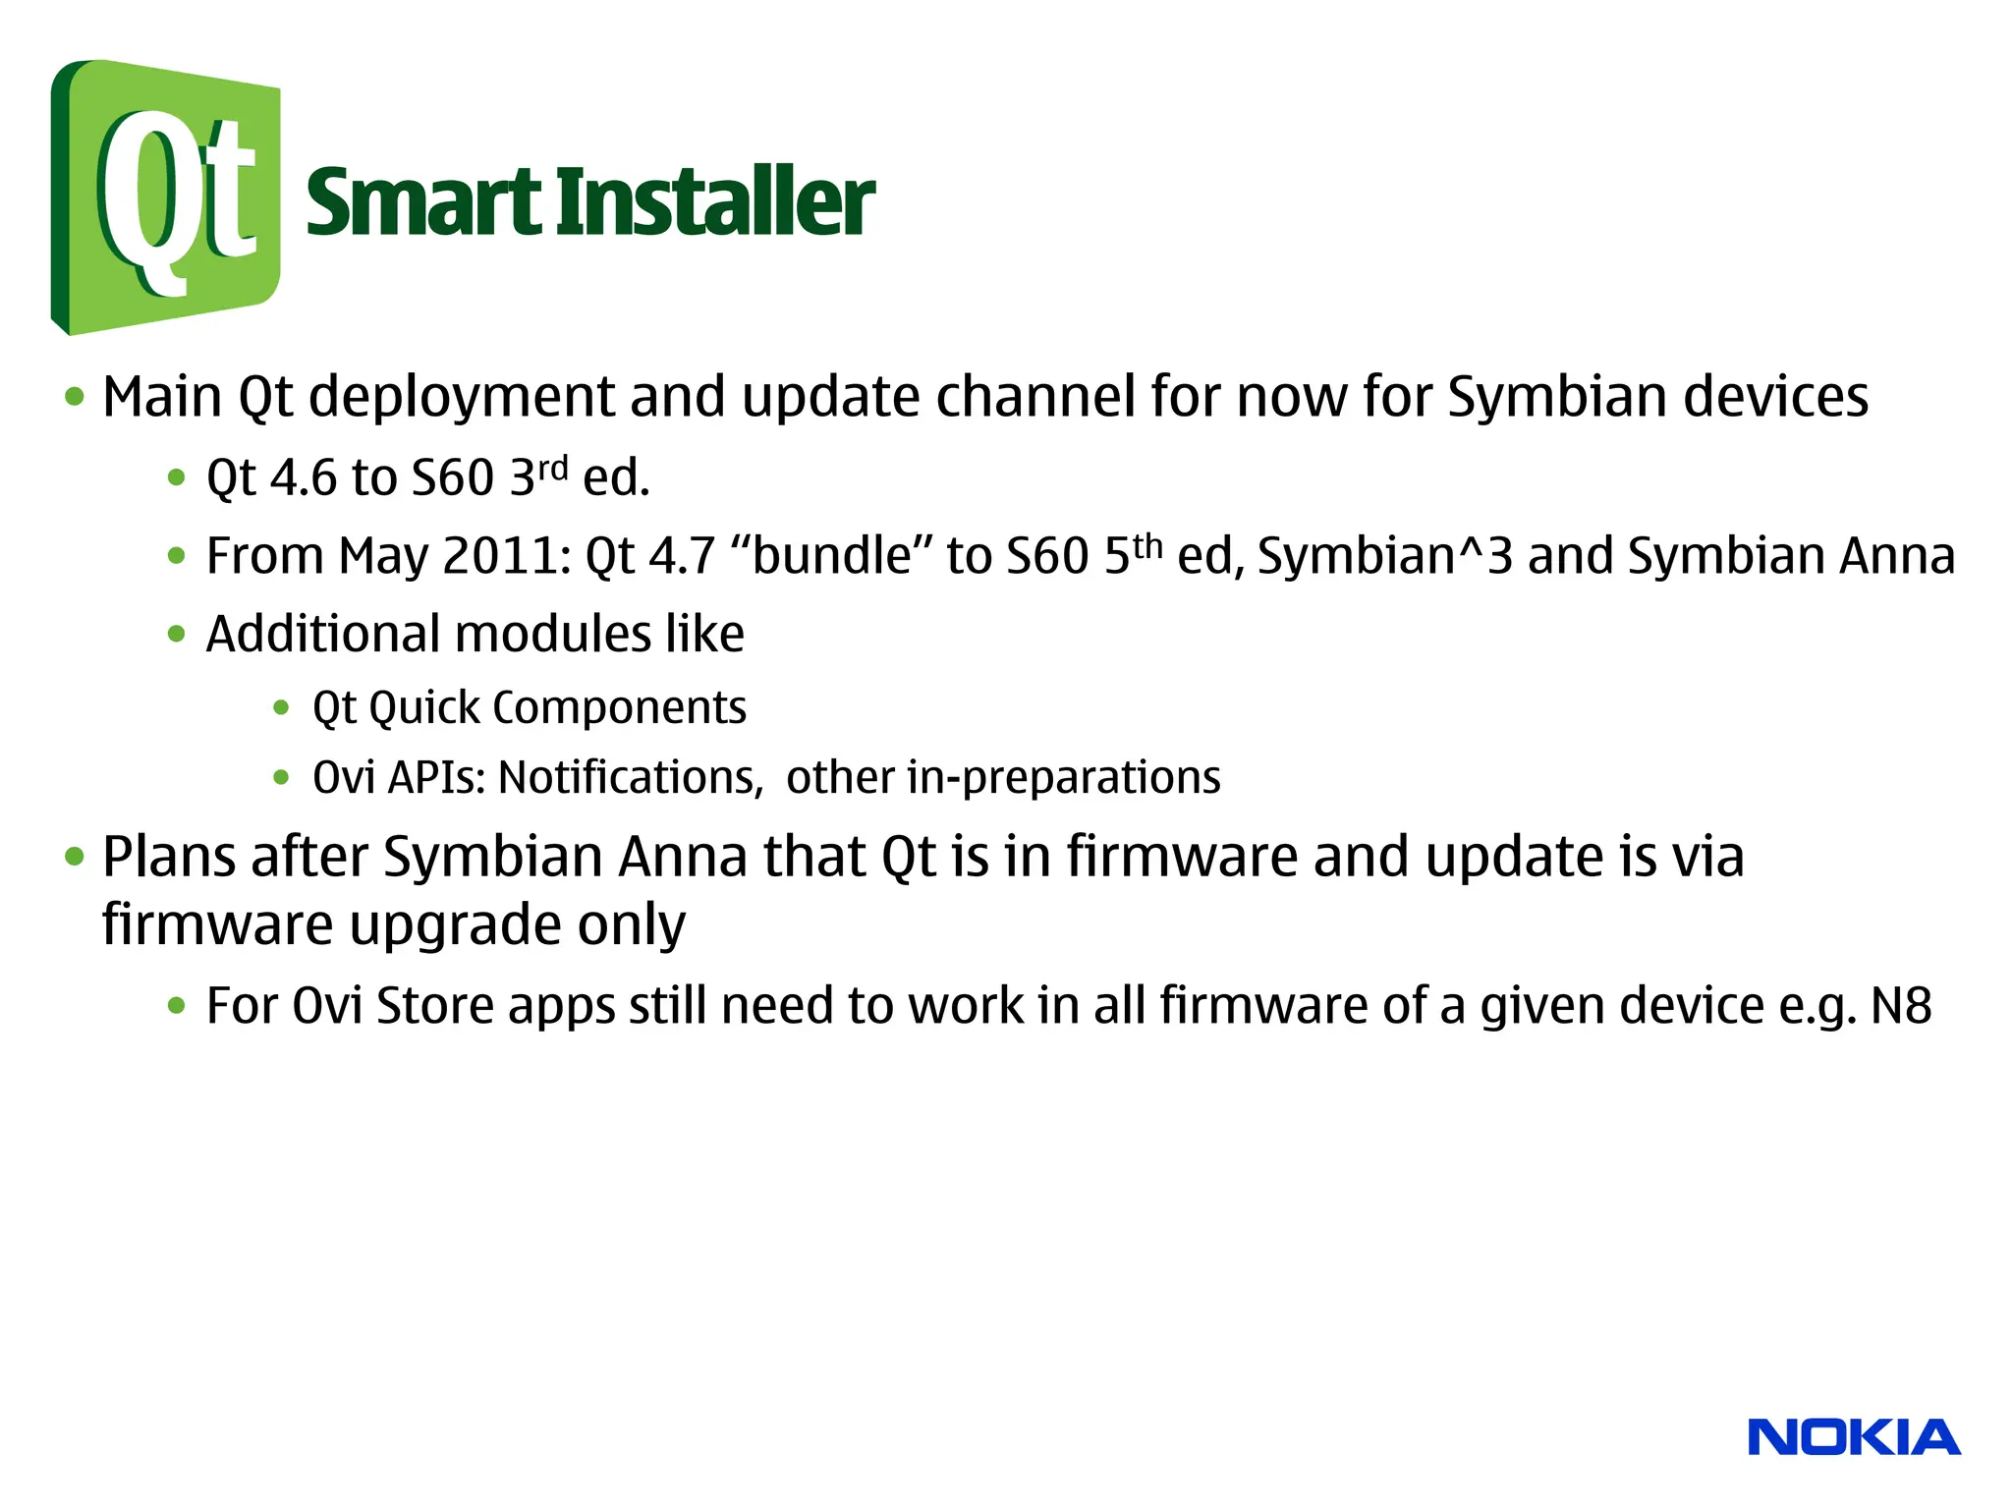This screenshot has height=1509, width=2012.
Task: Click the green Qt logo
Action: (165, 196)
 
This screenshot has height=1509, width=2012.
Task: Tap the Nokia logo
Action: (1854, 1437)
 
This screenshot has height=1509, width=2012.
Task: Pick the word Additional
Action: (322, 634)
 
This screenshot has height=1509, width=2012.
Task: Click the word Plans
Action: (169, 857)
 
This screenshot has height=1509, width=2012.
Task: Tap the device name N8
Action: (1901, 1006)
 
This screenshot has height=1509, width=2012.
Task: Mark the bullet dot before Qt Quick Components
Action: (282, 707)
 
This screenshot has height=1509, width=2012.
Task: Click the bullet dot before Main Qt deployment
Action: (75, 398)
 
